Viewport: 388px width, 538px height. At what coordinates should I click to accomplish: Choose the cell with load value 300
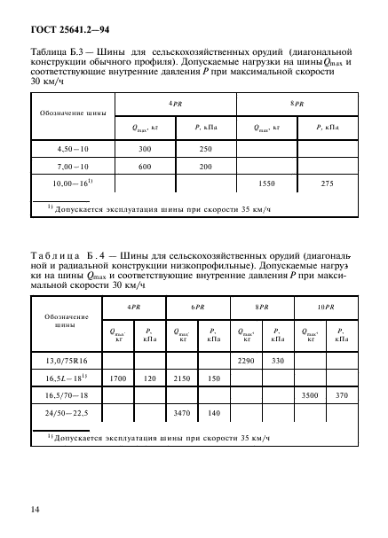[144, 148]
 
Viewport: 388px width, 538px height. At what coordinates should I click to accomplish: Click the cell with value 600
[144, 165]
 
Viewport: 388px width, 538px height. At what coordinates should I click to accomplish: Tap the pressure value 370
[342, 395]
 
